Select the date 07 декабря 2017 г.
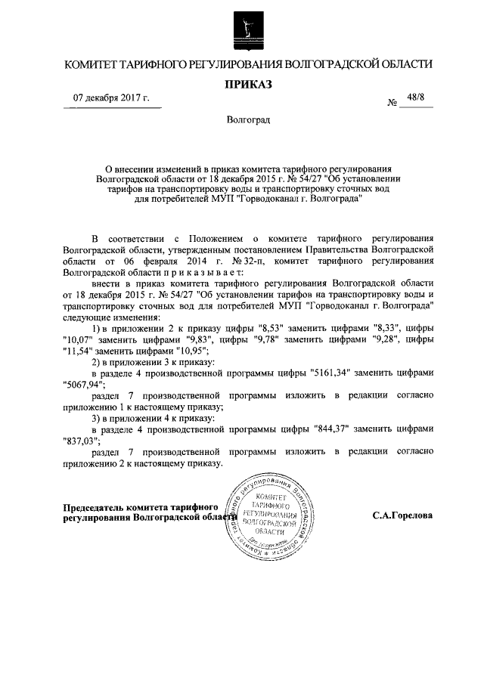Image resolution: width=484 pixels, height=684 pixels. [x=111, y=99]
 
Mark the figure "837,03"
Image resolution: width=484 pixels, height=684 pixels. [x=82, y=441]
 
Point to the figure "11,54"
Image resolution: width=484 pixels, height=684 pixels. [x=78, y=351]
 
